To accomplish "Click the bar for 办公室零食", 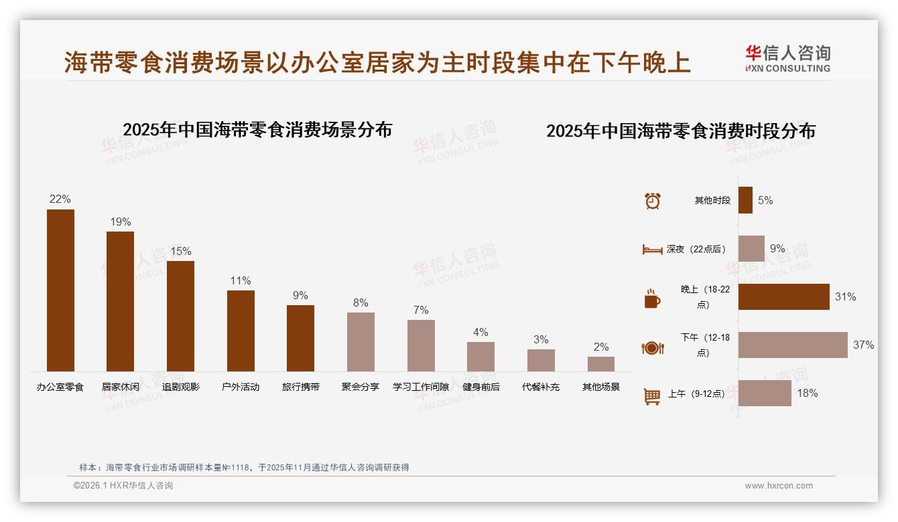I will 60,290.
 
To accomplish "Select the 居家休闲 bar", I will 120,301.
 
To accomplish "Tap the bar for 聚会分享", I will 361,342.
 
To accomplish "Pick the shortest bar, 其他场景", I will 600,364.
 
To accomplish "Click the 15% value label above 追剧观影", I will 180,251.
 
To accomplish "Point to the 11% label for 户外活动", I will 241,280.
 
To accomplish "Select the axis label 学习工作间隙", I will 421,387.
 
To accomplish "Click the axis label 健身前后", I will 480,387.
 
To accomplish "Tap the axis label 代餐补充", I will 541,387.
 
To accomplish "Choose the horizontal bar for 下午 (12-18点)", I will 793,345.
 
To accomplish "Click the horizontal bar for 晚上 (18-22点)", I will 783,296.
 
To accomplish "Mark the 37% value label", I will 863,345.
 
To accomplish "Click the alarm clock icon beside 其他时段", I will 652,200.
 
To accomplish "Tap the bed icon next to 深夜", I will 652,249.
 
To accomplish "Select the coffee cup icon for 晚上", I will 652,298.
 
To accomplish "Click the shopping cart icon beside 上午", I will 652,396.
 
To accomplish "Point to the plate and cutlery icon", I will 652,347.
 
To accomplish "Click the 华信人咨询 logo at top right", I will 787,58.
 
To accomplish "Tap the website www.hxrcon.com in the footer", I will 779,486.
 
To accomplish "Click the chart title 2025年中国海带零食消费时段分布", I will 680,130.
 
